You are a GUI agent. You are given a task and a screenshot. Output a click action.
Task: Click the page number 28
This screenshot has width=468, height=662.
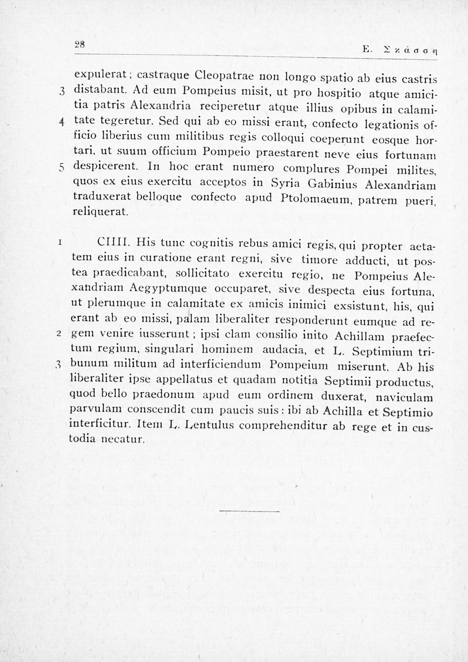coord(80,44)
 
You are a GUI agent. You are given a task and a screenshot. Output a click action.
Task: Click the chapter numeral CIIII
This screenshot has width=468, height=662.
coord(113,242)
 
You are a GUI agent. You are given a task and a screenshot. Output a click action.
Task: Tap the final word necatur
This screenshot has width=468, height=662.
coord(124,440)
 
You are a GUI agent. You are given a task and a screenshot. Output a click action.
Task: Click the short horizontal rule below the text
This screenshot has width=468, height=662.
coord(249,512)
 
